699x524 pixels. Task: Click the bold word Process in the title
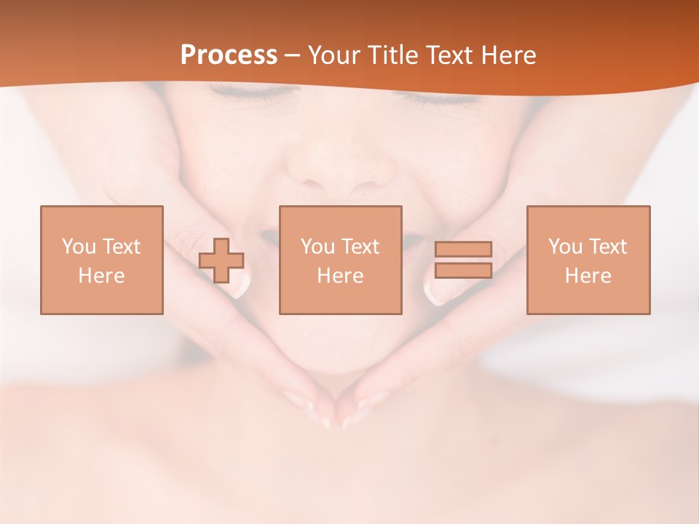tap(229, 55)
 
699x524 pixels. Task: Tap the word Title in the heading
tap(393, 55)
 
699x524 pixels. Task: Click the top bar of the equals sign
tap(463, 249)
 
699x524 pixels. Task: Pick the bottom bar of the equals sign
tap(463, 271)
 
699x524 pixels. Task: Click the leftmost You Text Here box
tap(102, 260)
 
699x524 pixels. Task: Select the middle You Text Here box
tap(340, 260)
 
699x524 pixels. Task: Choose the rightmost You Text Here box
tap(588, 260)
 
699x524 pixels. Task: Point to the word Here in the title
tap(510, 55)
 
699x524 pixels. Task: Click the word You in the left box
tap(78, 247)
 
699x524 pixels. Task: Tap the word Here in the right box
tap(588, 276)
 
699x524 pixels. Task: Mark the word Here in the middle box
tap(340, 276)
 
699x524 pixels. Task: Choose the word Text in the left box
tap(121, 247)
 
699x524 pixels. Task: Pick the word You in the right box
tap(564, 247)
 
